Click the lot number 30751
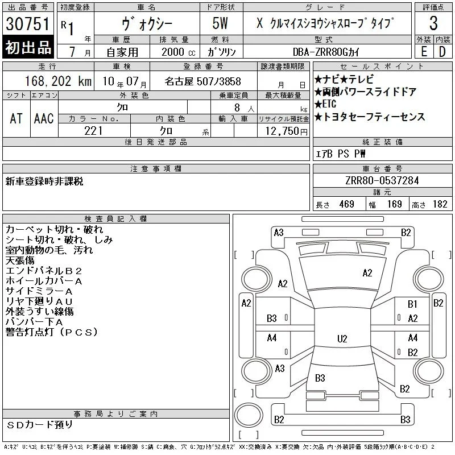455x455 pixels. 28,24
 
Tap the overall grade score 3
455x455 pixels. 433,23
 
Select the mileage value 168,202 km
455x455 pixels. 58,81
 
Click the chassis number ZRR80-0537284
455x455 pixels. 382,180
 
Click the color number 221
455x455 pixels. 93,131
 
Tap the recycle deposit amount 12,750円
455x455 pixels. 287,131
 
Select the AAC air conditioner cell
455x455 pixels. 44,118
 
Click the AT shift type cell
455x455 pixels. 16,118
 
